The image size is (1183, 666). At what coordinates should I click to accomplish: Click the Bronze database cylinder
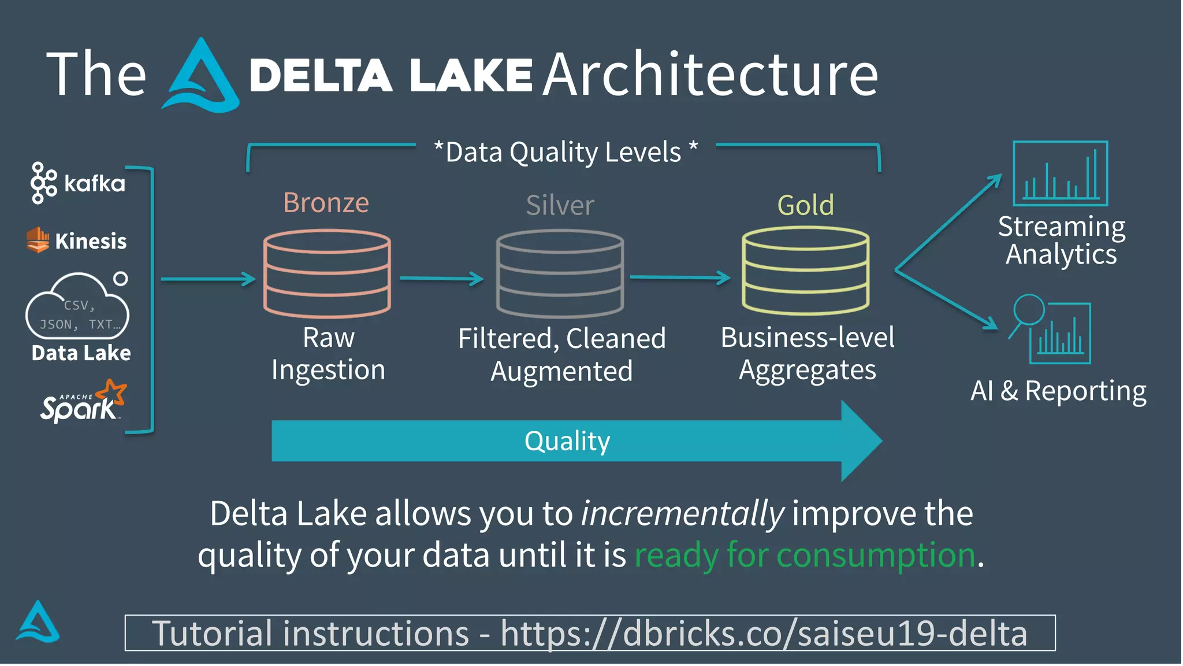click(x=327, y=273)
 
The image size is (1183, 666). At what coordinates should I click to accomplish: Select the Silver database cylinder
click(x=560, y=273)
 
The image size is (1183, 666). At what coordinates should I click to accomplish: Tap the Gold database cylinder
click(x=805, y=271)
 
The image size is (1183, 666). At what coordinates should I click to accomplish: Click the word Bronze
click(x=326, y=203)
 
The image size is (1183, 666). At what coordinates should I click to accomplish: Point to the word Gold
click(x=805, y=205)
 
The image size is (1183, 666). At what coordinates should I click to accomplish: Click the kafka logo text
click(x=94, y=184)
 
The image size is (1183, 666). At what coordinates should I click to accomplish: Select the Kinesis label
click(x=91, y=241)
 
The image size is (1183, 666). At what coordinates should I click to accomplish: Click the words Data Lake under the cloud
click(x=81, y=353)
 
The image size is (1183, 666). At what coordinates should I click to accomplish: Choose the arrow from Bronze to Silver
click(x=441, y=279)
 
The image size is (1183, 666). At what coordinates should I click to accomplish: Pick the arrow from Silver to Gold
click(x=679, y=278)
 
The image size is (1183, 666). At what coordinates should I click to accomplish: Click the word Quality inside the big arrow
click(x=567, y=441)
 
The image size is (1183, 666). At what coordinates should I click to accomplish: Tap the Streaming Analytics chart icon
click(x=1060, y=173)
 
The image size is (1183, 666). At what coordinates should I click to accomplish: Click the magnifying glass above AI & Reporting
click(x=1029, y=310)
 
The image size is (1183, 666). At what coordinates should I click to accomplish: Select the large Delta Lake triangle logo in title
click(x=200, y=78)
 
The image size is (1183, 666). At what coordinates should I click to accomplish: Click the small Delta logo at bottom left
click(x=38, y=623)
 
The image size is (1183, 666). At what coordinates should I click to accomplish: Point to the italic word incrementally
click(x=682, y=513)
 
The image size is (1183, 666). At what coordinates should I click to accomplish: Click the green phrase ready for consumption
click(x=805, y=555)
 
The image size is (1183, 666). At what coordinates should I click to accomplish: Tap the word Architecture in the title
click(x=710, y=75)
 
